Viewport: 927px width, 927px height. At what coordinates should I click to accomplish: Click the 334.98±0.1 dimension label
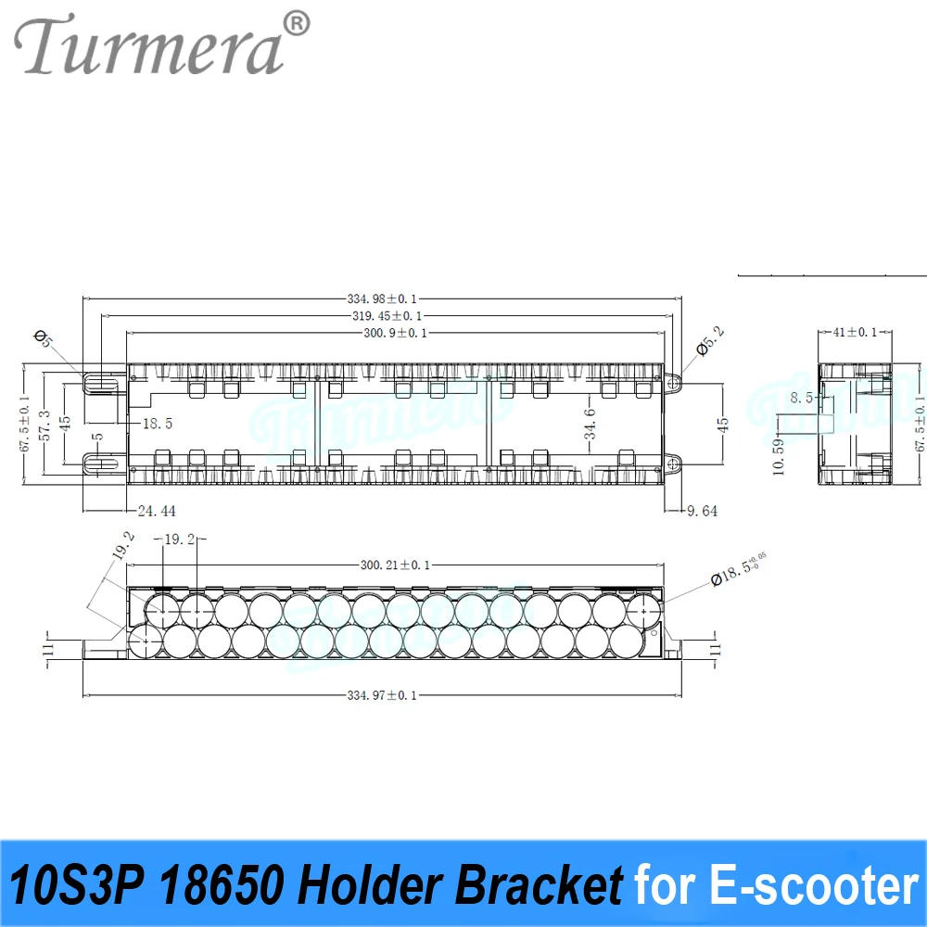(383, 298)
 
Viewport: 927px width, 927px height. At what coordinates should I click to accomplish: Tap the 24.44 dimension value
(155, 510)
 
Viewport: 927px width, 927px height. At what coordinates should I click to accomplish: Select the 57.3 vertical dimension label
(44, 421)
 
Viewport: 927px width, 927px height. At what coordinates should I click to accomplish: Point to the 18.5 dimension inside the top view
(158, 423)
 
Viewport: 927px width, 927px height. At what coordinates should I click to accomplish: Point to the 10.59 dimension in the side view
(779, 455)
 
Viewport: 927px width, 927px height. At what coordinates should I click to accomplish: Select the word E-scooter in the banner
(816, 885)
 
